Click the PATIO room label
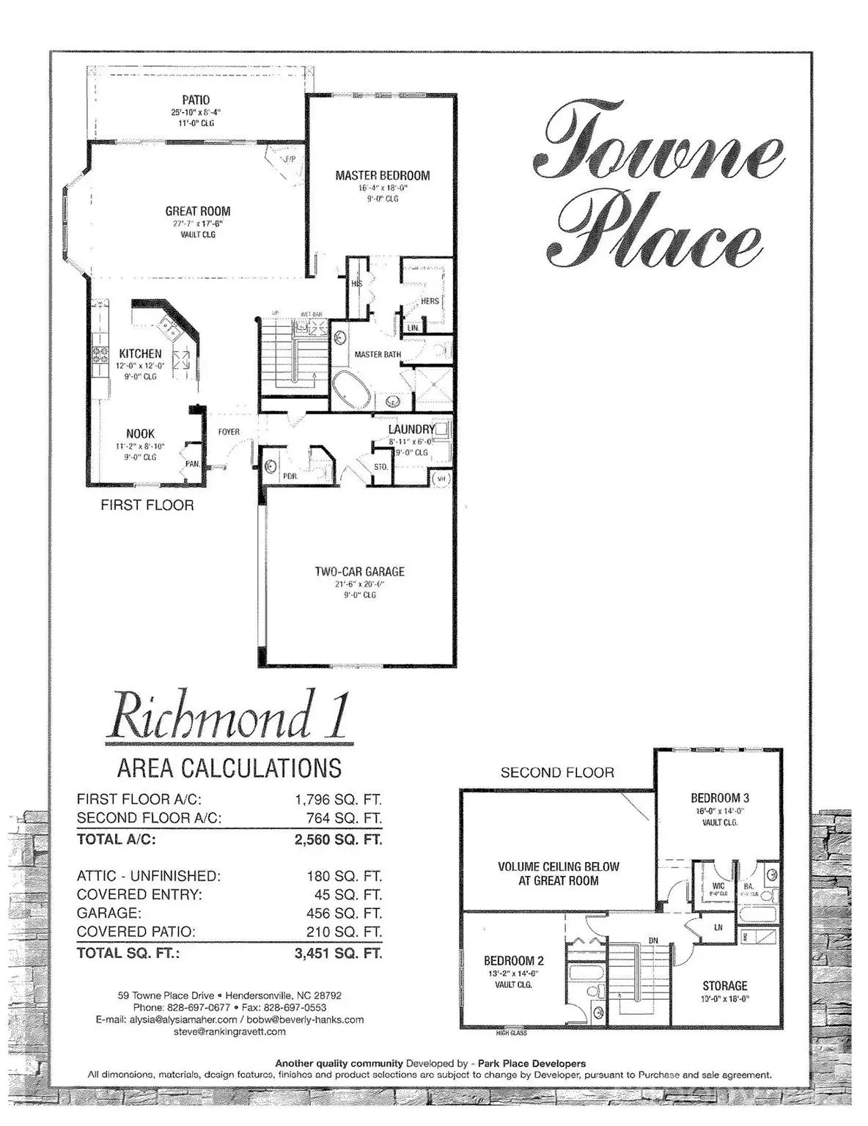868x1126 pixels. coord(196,100)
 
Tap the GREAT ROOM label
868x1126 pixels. coord(197,211)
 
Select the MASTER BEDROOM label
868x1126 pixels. coord(382,175)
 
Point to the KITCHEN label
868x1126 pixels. coord(140,353)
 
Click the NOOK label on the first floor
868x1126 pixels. coord(140,434)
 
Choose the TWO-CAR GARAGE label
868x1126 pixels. coord(359,572)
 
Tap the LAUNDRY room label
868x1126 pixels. coord(412,429)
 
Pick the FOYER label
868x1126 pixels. coord(229,432)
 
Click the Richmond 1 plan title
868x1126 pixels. coord(227,714)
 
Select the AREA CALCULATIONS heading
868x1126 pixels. coord(229,768)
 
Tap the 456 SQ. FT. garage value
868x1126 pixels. coord(344,913)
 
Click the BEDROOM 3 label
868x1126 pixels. coord(719,798)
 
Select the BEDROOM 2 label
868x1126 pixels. coord(513,960)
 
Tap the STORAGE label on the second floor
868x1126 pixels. coord(724,986)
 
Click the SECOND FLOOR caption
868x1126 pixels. coord(557,772)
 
